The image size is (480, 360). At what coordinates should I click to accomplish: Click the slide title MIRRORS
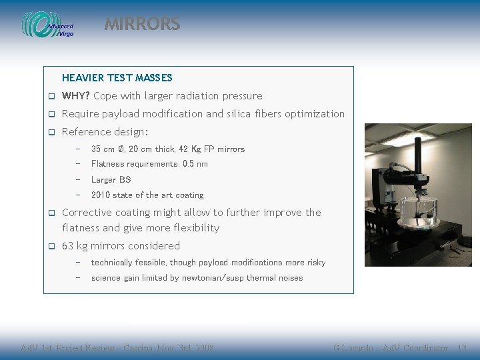click(x=142, y=24)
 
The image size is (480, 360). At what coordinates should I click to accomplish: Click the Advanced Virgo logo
click(x=48, y=25)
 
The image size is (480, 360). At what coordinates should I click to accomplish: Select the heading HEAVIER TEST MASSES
click(x=117, y=78)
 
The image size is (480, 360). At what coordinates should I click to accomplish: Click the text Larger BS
click(x=111, y=179)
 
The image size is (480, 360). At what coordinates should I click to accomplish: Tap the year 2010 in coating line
click(x=101, y=195)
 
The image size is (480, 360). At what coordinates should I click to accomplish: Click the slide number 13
click(x=462, y=349)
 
